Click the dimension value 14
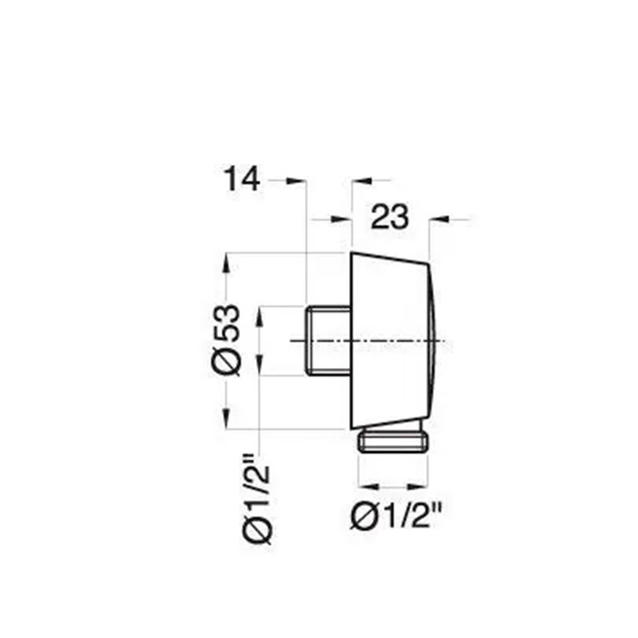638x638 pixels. (242, 179)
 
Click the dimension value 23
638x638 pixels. (389, 217)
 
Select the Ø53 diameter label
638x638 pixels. (226, 339)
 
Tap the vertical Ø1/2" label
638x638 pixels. (257, 499)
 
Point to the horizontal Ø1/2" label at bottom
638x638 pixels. (396, 516)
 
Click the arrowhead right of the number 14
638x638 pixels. (296, 181)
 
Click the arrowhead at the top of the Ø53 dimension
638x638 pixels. (227, 263)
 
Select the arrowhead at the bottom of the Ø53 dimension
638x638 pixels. (227, 418)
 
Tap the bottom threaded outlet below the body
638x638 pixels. (393, 441)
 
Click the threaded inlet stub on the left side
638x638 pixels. (328, 341)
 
